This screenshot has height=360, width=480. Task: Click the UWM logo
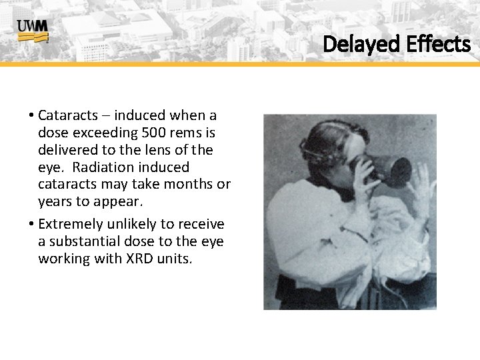point(33,31)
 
